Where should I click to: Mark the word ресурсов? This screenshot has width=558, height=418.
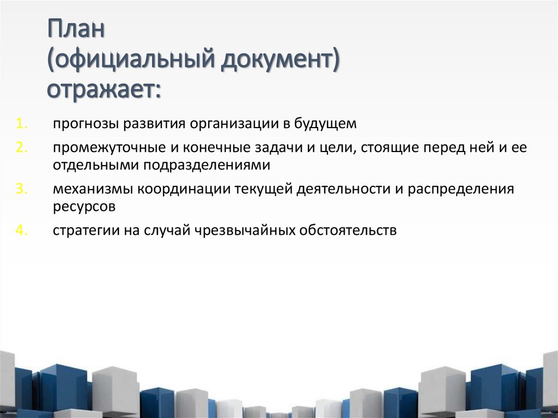(x=84, y=206)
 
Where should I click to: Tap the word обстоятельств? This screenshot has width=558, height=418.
(x=347, y=231)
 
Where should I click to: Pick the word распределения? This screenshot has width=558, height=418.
(x=469, y=189)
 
